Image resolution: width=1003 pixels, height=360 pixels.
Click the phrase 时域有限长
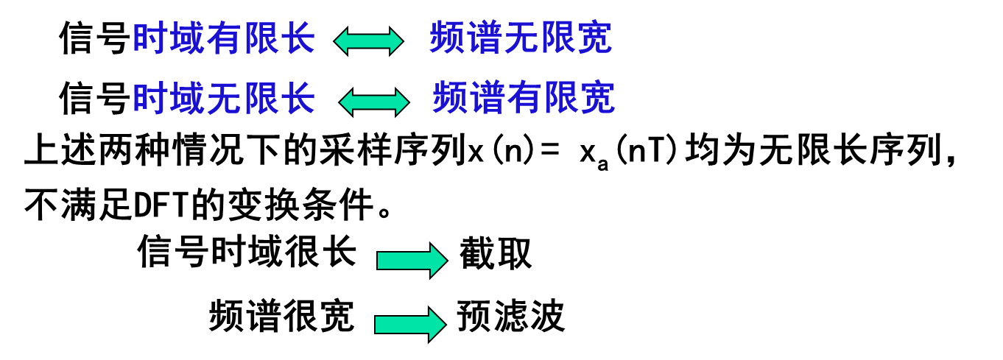pos(224,38)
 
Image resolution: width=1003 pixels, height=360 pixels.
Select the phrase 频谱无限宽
pos(521,38)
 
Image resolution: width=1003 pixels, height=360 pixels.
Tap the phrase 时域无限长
pos(224,99)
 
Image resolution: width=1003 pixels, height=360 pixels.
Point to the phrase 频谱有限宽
pos(524,98)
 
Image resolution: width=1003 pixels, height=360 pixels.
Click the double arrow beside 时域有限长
pos(369,41)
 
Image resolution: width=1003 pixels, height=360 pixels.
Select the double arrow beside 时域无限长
pos(374,102)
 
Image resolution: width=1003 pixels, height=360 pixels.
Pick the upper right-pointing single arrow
pos(412,261)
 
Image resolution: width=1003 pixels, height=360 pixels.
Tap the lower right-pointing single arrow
pos(410,325)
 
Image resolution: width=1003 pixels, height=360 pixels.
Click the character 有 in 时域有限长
pos(225,38)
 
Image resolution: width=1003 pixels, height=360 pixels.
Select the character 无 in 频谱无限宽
pos(521,38)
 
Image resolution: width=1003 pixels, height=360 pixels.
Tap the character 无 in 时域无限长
pos(225,99)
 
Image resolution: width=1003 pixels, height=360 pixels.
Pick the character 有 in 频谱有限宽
pos(524,98)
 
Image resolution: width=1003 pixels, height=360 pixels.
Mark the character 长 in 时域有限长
pos(299,38)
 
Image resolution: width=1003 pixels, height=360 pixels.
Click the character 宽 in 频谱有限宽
pos(598,98)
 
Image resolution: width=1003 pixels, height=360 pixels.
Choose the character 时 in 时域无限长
pos(149,99)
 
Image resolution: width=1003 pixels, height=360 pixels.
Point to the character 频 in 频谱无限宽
pos(447,38)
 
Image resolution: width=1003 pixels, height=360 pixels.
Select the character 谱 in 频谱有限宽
pos(488,98)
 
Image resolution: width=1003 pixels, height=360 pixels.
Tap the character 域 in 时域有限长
pos(187,38)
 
